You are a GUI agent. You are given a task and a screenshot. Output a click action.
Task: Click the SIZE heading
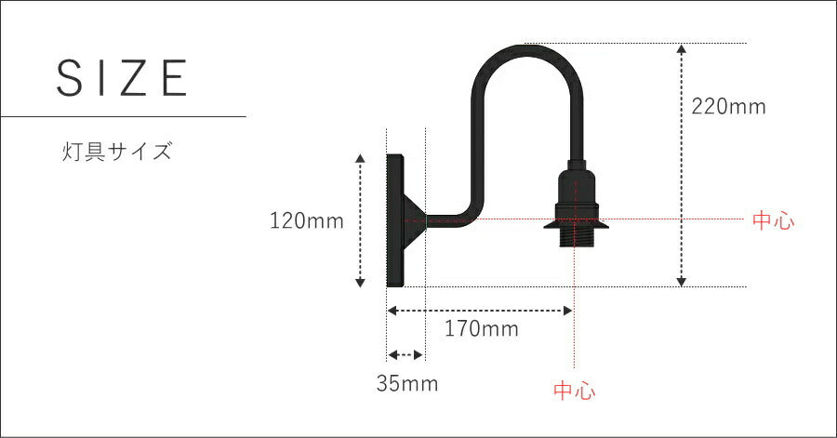[x=122, y=78]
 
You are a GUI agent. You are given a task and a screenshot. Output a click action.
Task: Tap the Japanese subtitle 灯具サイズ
[x=117, y=151]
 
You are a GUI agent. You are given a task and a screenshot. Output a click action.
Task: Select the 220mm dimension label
[x=728, y=107]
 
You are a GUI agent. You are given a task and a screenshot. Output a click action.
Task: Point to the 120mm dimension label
[x=306, y=221]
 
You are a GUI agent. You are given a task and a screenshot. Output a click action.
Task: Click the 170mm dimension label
[x=482, y=328]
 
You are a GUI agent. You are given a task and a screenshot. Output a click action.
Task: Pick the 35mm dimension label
[x=407, y=383]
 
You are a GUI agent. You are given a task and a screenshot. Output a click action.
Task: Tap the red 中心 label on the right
[x=773, y=220]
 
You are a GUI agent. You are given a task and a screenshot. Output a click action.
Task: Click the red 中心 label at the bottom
[x=575, y=391]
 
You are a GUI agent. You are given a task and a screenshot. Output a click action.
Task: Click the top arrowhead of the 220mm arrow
[x=681, y=49]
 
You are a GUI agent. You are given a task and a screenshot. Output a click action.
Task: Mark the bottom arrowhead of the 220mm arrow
[x=681, y=282]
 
